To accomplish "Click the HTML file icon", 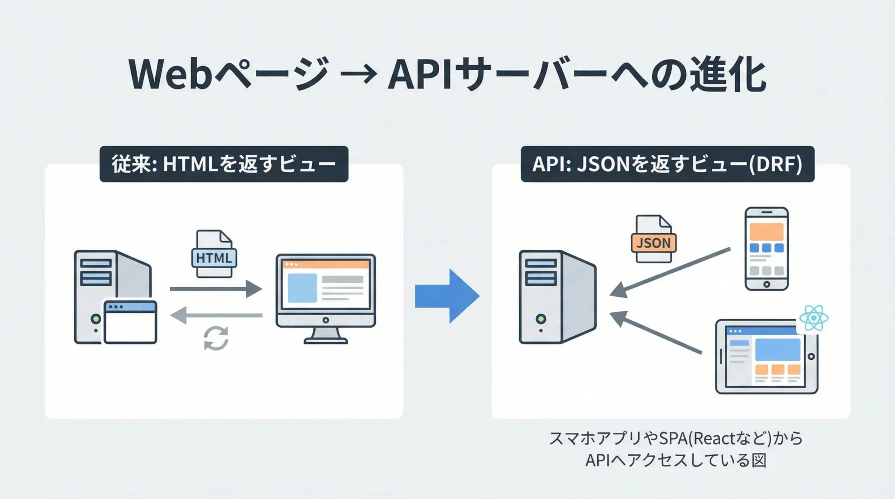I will [x=214, y=254].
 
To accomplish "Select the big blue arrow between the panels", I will [x=447, y=296].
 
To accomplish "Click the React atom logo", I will [x=813, y=318].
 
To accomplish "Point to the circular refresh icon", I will [x=216, y=338].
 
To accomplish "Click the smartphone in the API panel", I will [x=766, y=249].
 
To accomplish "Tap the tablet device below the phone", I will [x=766, y=357].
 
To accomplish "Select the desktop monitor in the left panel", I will [x=325, y=298].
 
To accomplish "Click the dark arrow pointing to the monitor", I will [x=215, y=289].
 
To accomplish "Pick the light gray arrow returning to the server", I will [x=216, y=315].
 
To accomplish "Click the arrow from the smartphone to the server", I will [x=670, y=273].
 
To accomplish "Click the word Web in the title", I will [x=171, y=74].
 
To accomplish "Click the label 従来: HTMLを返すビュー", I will [x=224, y=164].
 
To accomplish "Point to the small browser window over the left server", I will [x=130, y=322].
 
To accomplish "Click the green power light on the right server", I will [x=541, y=319].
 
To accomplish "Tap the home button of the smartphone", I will [x=766, y=284].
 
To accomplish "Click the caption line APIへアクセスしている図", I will [x=675, y=460].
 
